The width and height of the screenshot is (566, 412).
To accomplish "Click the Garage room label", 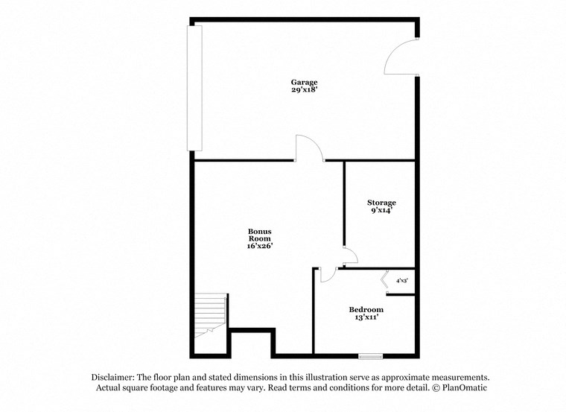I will (304, 82).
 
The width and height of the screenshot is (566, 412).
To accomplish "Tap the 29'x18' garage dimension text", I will (304, 90).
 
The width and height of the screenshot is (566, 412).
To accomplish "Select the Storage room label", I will (381, 203).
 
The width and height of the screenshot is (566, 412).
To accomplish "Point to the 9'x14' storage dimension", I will (381, 211).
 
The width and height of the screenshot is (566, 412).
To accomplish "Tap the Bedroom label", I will (366, 309).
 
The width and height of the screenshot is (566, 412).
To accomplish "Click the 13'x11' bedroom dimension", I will (366, 317).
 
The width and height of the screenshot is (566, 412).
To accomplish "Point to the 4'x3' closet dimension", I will (402, 281).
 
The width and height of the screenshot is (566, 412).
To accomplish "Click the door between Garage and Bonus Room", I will (308, 148).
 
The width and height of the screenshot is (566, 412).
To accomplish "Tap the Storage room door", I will (349, 256).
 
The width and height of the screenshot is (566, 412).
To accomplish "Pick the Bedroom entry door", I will (326, 275).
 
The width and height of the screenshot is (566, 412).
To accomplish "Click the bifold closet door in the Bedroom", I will (385, 280).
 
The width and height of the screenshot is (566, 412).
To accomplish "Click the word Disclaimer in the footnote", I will (116, 377).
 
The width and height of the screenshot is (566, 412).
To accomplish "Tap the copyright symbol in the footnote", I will (433, 388).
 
